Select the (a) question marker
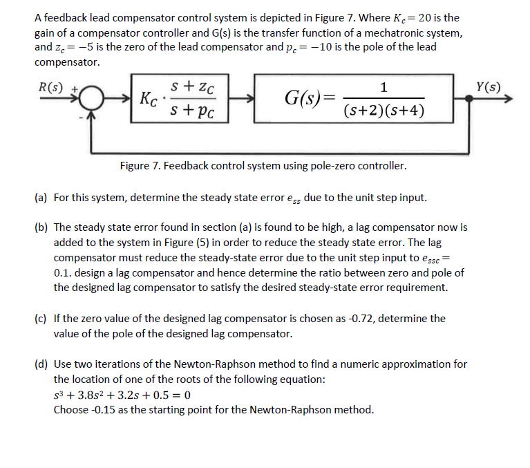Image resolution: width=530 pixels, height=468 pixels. coord(41,198)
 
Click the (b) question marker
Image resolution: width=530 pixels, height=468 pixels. coord(41,227)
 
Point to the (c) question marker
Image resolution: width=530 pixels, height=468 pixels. coord(41,319)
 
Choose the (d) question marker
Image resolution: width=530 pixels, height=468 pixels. coord(41,364)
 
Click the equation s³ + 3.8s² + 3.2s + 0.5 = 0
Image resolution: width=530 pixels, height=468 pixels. coord(122,395)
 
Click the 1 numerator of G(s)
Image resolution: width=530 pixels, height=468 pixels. coord(384,86)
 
